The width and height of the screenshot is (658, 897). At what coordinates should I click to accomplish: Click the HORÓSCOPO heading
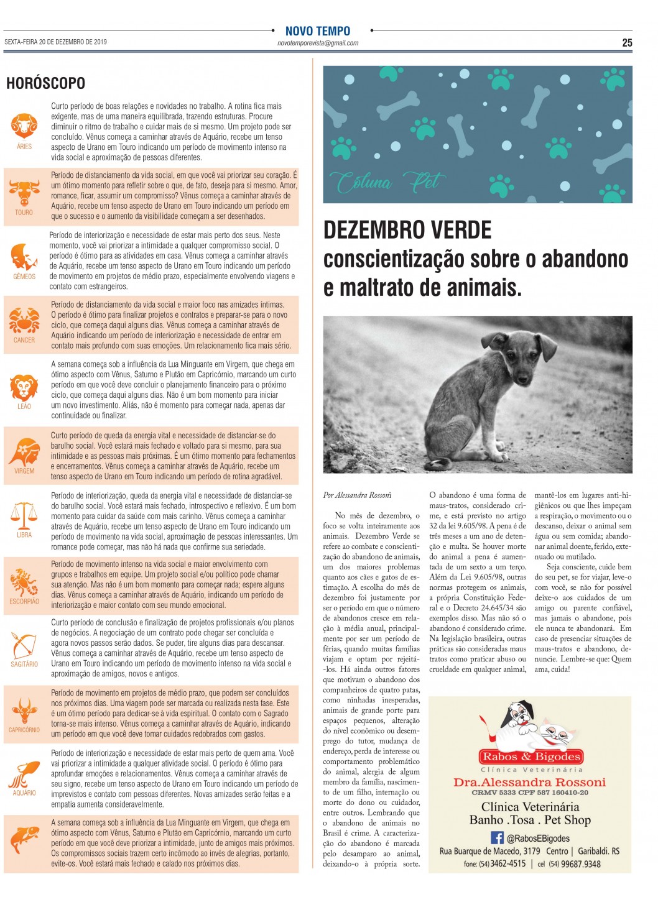pyautogui.click(x=45, y=83)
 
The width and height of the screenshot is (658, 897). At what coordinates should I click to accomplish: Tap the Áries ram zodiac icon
pyautogui.click(x=24, y=126)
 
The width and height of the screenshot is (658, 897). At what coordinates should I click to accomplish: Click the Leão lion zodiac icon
pyautogui.click(x=24, y=387)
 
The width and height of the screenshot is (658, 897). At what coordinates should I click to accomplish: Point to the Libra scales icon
pyautogui.click(x=24, y=515)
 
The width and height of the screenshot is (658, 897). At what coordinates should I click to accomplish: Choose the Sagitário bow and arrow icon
pyautogui.click(x=24, y=645)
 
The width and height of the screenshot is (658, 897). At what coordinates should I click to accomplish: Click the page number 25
pyautogui.click(x=627, y=42)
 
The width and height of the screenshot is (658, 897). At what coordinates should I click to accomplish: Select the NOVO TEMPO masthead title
pyautogui.click(x=318, y=31)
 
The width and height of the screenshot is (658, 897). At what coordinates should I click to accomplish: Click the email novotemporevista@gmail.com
pyautogui.click(x=318, y=44)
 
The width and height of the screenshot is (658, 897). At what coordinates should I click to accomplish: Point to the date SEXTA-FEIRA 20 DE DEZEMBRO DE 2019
pyautogui.click(x=56, y=42)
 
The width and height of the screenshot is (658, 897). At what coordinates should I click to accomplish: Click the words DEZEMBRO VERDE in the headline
pyautogui.click(x=407, y=231)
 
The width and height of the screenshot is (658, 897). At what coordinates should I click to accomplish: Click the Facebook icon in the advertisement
pyautogui.click(x=497, y=837)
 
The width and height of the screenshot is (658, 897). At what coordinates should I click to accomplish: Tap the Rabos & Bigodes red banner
pyautogui.click(x=531, y=757)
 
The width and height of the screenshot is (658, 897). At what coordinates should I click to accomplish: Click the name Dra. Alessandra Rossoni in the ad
pyautogui.click(x=529, y=782)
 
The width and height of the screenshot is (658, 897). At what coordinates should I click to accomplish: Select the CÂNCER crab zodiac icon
pyautogui.click(x=24, y=321)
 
